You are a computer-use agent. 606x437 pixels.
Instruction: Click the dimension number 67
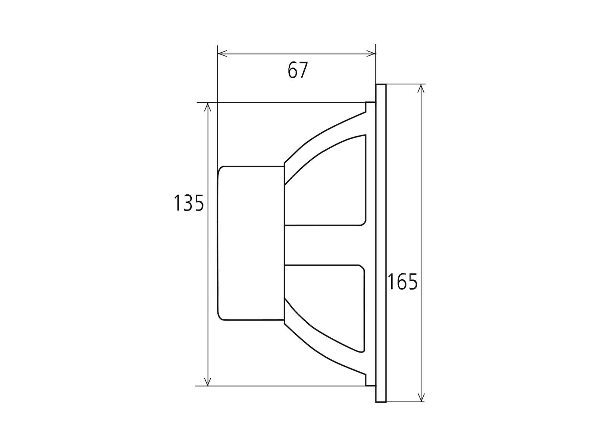pyautogui.click(x=298, y=70)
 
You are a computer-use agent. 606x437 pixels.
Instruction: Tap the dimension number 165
pyautogui.click(x=402, y=282)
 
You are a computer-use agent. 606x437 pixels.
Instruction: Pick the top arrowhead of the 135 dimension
pyautogui.click(x=208, y=107)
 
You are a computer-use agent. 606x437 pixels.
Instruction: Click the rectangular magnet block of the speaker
pyautogui.click(x=251, y=243)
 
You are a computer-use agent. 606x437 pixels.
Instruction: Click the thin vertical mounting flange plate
pyautogui.click(x=381, y=243)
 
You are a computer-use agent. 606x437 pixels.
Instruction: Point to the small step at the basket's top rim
pyautogui.click(x=370, y=106)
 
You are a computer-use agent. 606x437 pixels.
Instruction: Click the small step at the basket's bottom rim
pyautogui.click(x=370, y=381)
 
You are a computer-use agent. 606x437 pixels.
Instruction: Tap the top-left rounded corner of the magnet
pyautogui.click(x=220, y=169)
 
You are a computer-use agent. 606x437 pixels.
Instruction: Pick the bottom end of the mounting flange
pyautogui.click(x=381, y=400)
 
